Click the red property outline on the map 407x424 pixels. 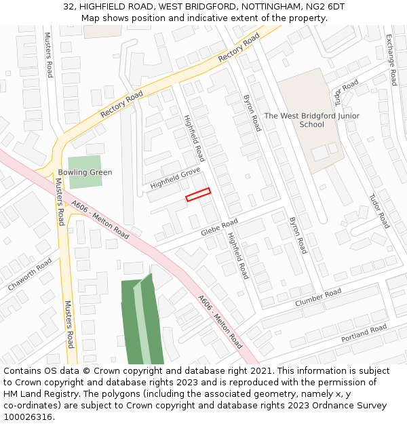pos(198,195)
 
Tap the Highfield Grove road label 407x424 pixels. pos(175,178)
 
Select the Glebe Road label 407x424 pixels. pos(219,227)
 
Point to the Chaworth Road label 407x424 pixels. pos(30,274)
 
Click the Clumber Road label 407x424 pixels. pos(317,297)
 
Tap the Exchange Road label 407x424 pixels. pos(391,60)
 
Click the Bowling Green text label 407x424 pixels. pos(85,172)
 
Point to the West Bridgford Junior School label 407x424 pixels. pos(311,120)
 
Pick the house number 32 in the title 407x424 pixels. pos(69,7)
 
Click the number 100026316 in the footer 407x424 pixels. pos(28,417)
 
